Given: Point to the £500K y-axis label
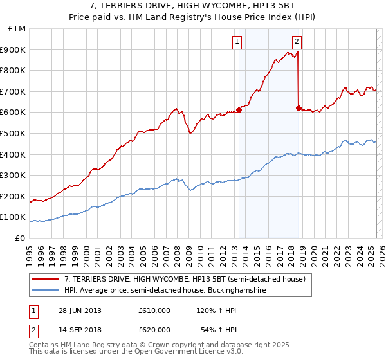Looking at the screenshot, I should (x=13, y=133).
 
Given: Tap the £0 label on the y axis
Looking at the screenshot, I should (x=21, y=238).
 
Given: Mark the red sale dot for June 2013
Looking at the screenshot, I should (x=239, y=110).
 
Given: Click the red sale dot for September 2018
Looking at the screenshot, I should (x=299, y=108).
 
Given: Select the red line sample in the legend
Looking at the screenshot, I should (x=46, y=279).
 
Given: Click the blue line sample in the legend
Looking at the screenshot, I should (x=46, y=291).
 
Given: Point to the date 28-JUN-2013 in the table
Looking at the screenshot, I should (x=80, y=310).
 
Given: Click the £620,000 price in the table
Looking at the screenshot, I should (x=154, y=331).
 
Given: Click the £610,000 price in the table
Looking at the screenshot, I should (x=154, y=310).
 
